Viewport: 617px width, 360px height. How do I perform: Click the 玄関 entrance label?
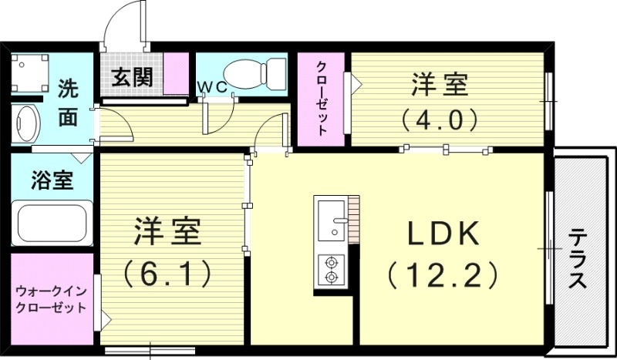pos(131,77)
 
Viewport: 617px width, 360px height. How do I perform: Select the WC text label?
pos(213,87)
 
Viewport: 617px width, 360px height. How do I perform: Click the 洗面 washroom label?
pos(69,102)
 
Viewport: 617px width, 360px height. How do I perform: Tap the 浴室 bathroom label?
pos(52,181)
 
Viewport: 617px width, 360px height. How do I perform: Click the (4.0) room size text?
pos(440,119)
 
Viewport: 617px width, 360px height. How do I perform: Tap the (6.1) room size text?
pos(168,271)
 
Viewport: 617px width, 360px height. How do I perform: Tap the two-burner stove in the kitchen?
pos(332,268)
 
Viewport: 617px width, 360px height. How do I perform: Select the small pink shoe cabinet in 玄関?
pos(177,75)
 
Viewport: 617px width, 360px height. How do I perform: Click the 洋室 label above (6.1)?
pos(168,230)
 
